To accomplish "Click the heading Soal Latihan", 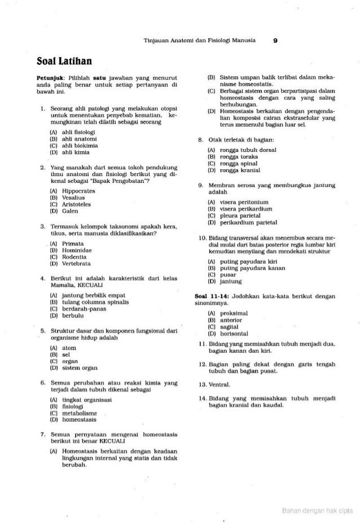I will coord(57,59).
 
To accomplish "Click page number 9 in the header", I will coord(274,40).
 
